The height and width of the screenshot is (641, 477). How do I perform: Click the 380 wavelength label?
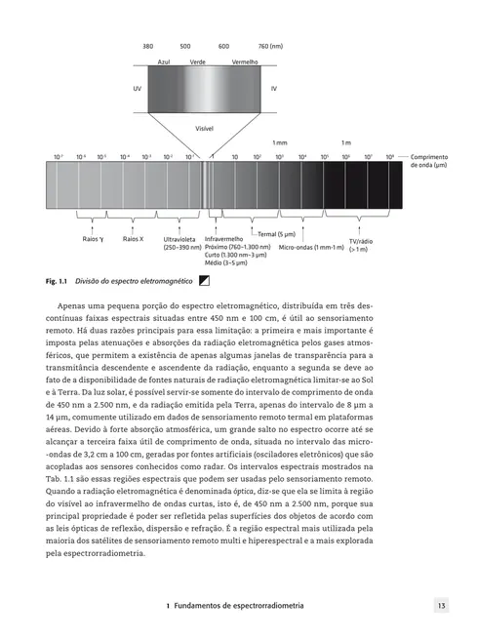pos(148,46)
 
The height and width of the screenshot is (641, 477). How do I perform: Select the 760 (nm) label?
pos(270,46)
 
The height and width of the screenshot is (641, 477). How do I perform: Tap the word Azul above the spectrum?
pos(164,60)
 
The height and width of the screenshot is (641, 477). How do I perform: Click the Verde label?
pos(198,60)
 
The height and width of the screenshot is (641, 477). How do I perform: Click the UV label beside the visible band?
pos(137,88)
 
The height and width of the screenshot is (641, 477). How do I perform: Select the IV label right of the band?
pos(274,88)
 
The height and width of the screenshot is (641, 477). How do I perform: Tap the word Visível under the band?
pos(205,127)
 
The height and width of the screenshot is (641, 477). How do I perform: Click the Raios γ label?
pos(94,238)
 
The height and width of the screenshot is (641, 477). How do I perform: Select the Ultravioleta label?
pos(181,238)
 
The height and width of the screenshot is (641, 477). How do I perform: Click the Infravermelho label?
pos(223,238)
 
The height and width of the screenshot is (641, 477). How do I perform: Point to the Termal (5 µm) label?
pos(276,234)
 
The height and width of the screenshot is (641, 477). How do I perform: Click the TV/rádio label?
pos(387,241)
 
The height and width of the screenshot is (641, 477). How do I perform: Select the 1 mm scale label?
pos(280,142)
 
